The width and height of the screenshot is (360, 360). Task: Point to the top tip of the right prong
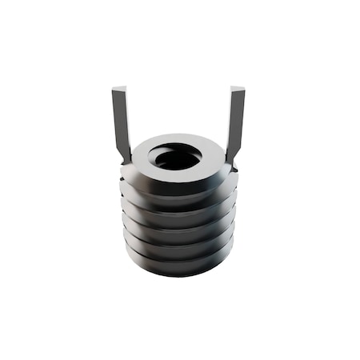238,89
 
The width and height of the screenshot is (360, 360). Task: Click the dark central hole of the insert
177,158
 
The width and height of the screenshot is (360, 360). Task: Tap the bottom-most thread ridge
179,265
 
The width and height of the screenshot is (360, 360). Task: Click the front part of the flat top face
178,177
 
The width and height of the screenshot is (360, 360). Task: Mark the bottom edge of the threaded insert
179,274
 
